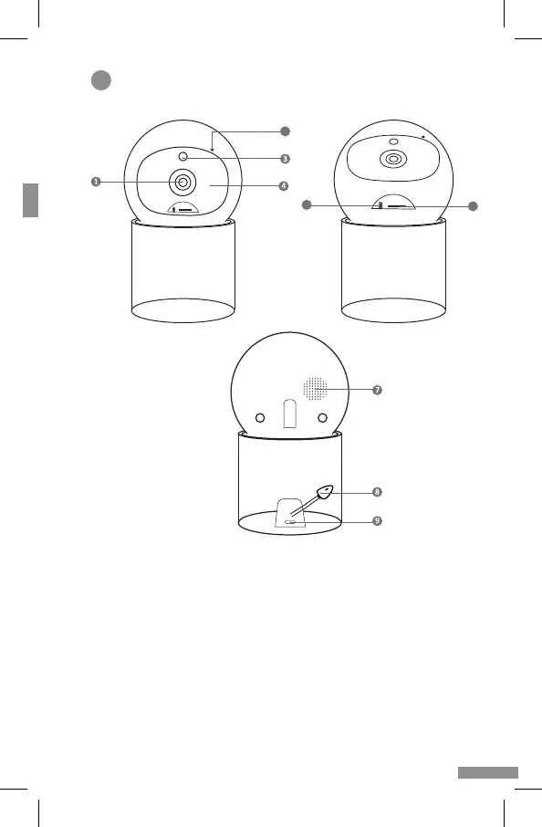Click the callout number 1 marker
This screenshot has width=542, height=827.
[x=96, y=182]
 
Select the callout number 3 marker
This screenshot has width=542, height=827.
[x=286, y=158]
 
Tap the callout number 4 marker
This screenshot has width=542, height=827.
[x=284, y=185]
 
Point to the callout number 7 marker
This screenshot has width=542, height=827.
[x=377, y=390]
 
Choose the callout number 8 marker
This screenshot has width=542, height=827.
[x=377, y=492]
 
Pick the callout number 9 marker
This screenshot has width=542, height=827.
[x=377, y=520]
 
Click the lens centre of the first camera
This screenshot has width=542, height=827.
[x=182, y=182]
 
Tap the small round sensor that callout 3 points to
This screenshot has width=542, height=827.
[x=183, y=157]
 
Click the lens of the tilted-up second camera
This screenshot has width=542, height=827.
[x=392, y=158]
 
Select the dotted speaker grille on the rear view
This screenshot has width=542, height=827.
[x=315, y=389]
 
